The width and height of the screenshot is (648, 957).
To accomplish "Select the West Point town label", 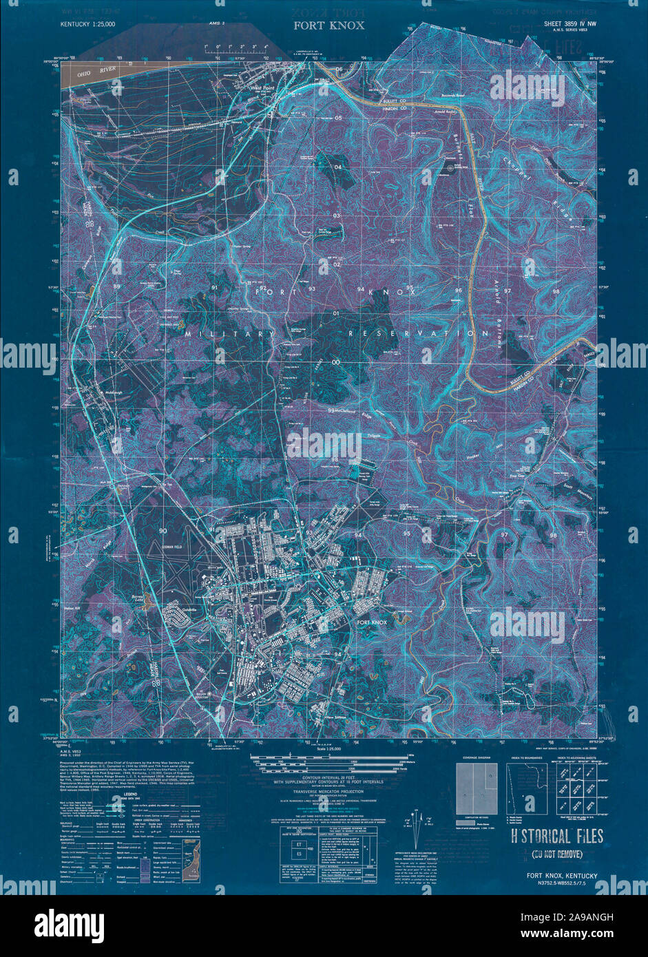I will [x=262, y=89].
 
